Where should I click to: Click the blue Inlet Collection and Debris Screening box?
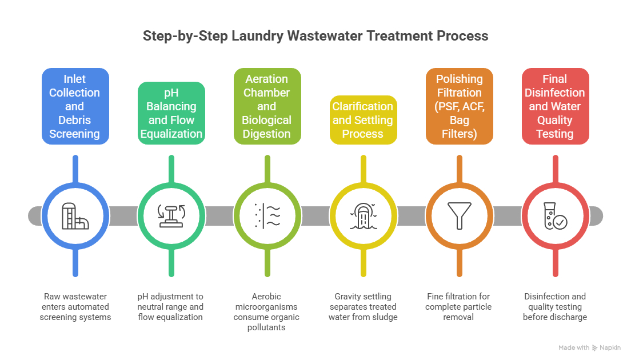[x=75, y=106]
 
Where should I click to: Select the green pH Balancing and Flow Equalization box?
[x=171, y=113]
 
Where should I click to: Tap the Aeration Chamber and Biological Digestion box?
[x=267, y=106]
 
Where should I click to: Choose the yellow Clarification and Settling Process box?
[x=364, y=120]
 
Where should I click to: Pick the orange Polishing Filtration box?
[x=459, y=106]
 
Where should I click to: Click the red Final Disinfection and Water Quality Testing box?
[x=556, y=106]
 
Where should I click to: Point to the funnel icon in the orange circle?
[x=459, y=215]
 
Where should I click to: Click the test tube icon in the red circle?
[x=556, y=216]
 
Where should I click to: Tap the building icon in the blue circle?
[x=75, y=216]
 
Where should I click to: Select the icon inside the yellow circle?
[x=364, y=216]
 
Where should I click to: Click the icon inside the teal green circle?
[x=171, y=216]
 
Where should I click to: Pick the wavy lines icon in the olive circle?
[x=267, y=216]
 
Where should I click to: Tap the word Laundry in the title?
[x=258, y=36]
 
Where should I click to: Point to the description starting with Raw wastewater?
[x=75, y=306]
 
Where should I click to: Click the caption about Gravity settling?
[x=363, y=306]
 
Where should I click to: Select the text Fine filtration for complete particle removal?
[x=458, y=306]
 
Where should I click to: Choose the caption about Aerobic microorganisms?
[x=266, y=312]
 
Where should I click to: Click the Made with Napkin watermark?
[x=589, y=347]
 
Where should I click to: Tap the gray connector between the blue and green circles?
[x=123, y=216]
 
